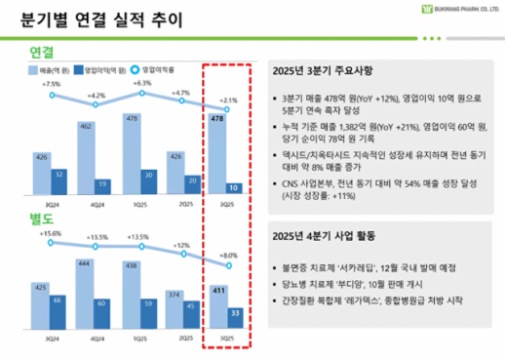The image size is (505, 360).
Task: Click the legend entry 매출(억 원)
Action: (x=52, y=71)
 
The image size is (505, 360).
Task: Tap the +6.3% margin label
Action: (x=142, y=84)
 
